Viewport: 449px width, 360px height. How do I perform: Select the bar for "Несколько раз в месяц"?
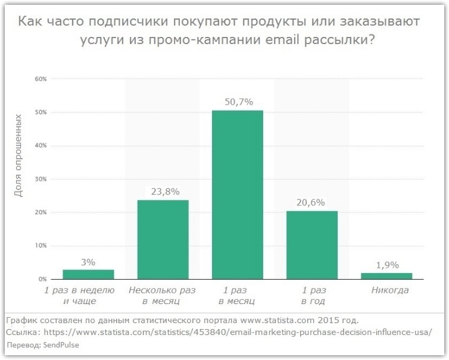point(163,239)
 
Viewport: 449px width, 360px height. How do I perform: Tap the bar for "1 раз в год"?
point(311,245)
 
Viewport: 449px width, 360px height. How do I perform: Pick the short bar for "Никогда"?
point(386,276)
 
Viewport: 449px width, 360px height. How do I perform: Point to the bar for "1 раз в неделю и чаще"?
point(88,274)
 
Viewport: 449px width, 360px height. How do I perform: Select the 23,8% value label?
point(163,192)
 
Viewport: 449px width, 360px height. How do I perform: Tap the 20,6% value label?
point(311,202)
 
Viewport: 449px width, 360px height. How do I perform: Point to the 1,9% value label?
point(386,265)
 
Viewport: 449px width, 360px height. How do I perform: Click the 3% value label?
point(88,262)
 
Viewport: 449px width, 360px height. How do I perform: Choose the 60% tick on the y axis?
point(40,79)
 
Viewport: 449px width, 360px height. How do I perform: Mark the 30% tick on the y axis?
point(40,179)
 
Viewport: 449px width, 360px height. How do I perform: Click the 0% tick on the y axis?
point(43,279)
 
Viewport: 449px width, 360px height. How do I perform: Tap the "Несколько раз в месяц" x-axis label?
point(163,296)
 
